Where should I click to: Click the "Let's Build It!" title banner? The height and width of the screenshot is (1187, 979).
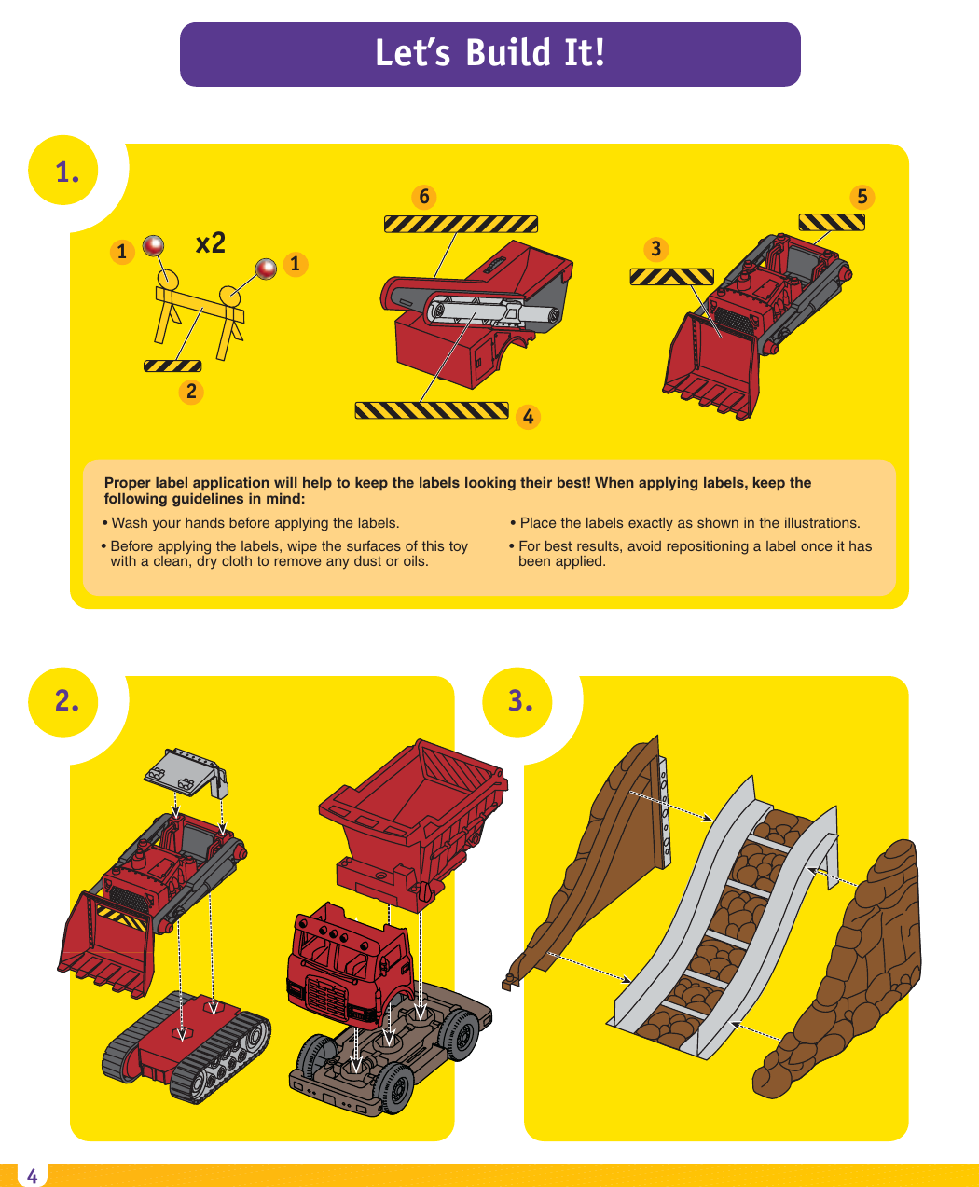489,54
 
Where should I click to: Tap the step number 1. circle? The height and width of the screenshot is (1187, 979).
66,172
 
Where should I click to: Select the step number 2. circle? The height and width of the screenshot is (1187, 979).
66,701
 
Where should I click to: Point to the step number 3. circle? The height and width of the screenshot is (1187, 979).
519,701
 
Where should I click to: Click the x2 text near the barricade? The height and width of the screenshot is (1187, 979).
211,243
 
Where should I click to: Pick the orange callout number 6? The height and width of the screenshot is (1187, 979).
424,197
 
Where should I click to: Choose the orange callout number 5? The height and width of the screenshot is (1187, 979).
862,197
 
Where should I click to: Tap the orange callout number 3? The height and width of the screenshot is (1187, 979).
656,249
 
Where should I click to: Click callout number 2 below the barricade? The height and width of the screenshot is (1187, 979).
191,392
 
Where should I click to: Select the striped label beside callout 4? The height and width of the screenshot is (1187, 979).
432,410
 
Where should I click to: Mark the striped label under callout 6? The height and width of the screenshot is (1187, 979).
461,224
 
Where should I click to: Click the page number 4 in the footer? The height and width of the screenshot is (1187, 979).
32,1176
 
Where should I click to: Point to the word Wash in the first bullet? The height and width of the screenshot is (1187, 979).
129,523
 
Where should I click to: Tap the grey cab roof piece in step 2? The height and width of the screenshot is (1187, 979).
185,770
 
